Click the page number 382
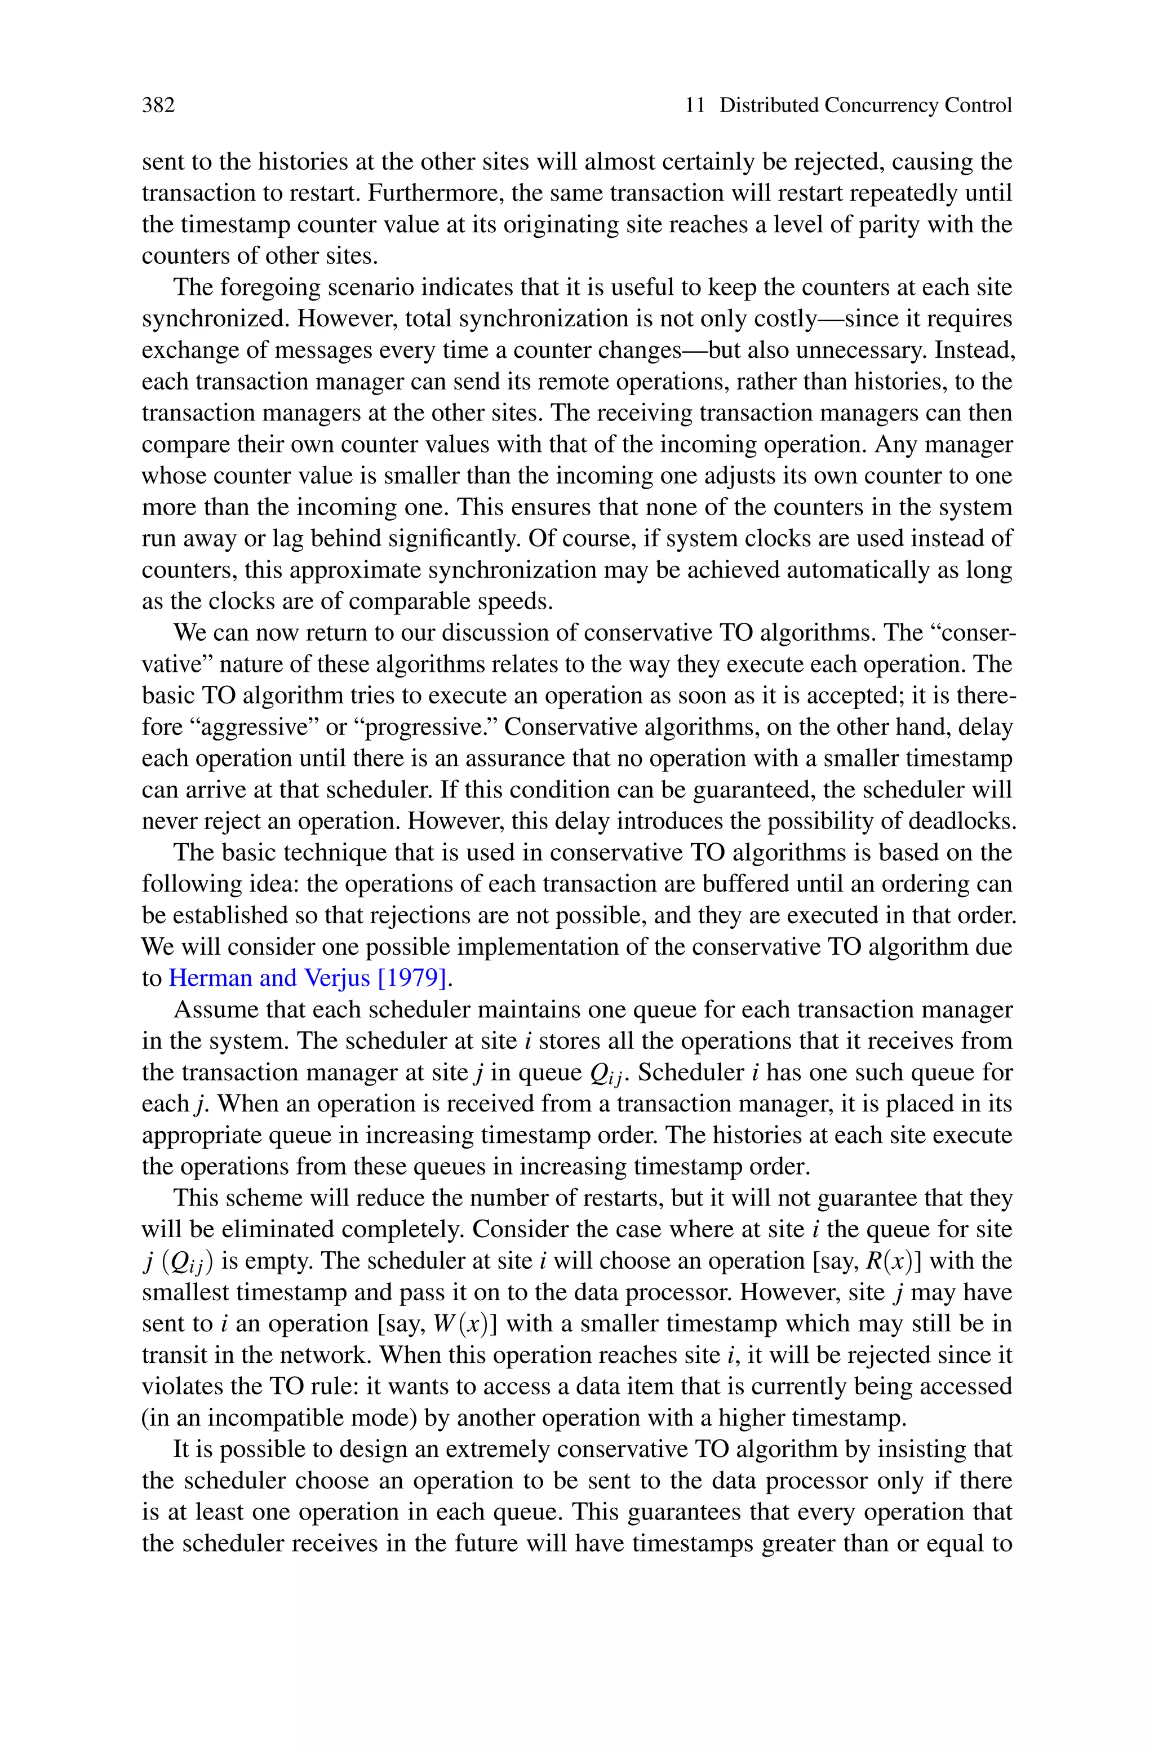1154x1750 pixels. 158,105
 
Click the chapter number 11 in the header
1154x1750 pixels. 695,105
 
